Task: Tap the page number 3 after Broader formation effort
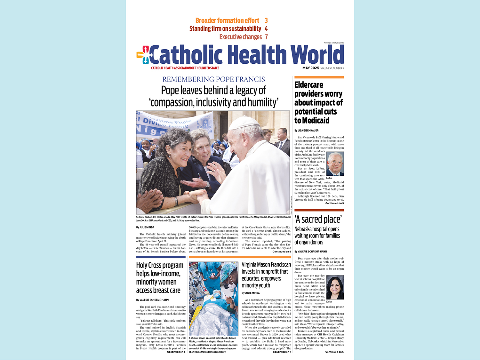(266, 20)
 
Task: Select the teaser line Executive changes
(241, 37)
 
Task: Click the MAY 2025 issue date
(311, 68)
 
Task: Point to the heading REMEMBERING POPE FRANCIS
(214, 79)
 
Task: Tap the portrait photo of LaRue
(335, 164)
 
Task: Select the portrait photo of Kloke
(335, 287)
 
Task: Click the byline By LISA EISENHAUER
(306, 131)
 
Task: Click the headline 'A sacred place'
(318, 219)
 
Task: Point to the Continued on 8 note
(282, 252)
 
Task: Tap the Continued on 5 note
(334, 203)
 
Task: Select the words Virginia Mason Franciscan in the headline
(266, 265)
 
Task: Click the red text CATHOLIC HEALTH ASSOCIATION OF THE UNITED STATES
(185, 68)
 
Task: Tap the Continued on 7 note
(282, 352)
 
